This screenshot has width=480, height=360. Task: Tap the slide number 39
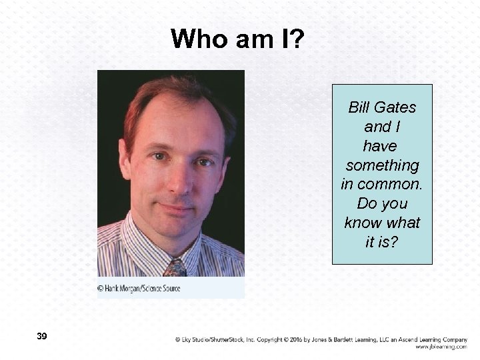point(42,336)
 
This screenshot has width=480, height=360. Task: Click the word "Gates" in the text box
point(398,107)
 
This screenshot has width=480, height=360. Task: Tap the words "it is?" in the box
point(382,241)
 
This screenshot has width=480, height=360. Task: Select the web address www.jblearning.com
point(441,347)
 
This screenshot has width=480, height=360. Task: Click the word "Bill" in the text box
point(361,107)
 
